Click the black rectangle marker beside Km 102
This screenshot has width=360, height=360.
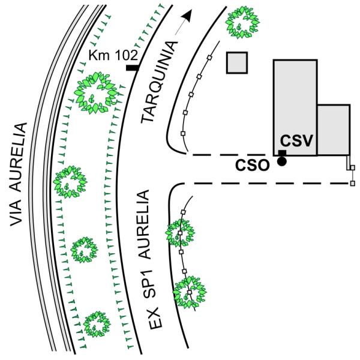[133, 68]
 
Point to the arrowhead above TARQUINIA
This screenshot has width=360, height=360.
[190, 15]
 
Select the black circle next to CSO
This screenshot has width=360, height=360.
[281, 160]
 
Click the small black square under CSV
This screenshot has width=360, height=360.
[281, 154]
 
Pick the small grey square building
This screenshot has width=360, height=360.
[237, 62]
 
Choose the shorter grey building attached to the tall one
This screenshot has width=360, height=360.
[333, 130]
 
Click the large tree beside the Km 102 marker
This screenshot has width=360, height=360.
[96, 92]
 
